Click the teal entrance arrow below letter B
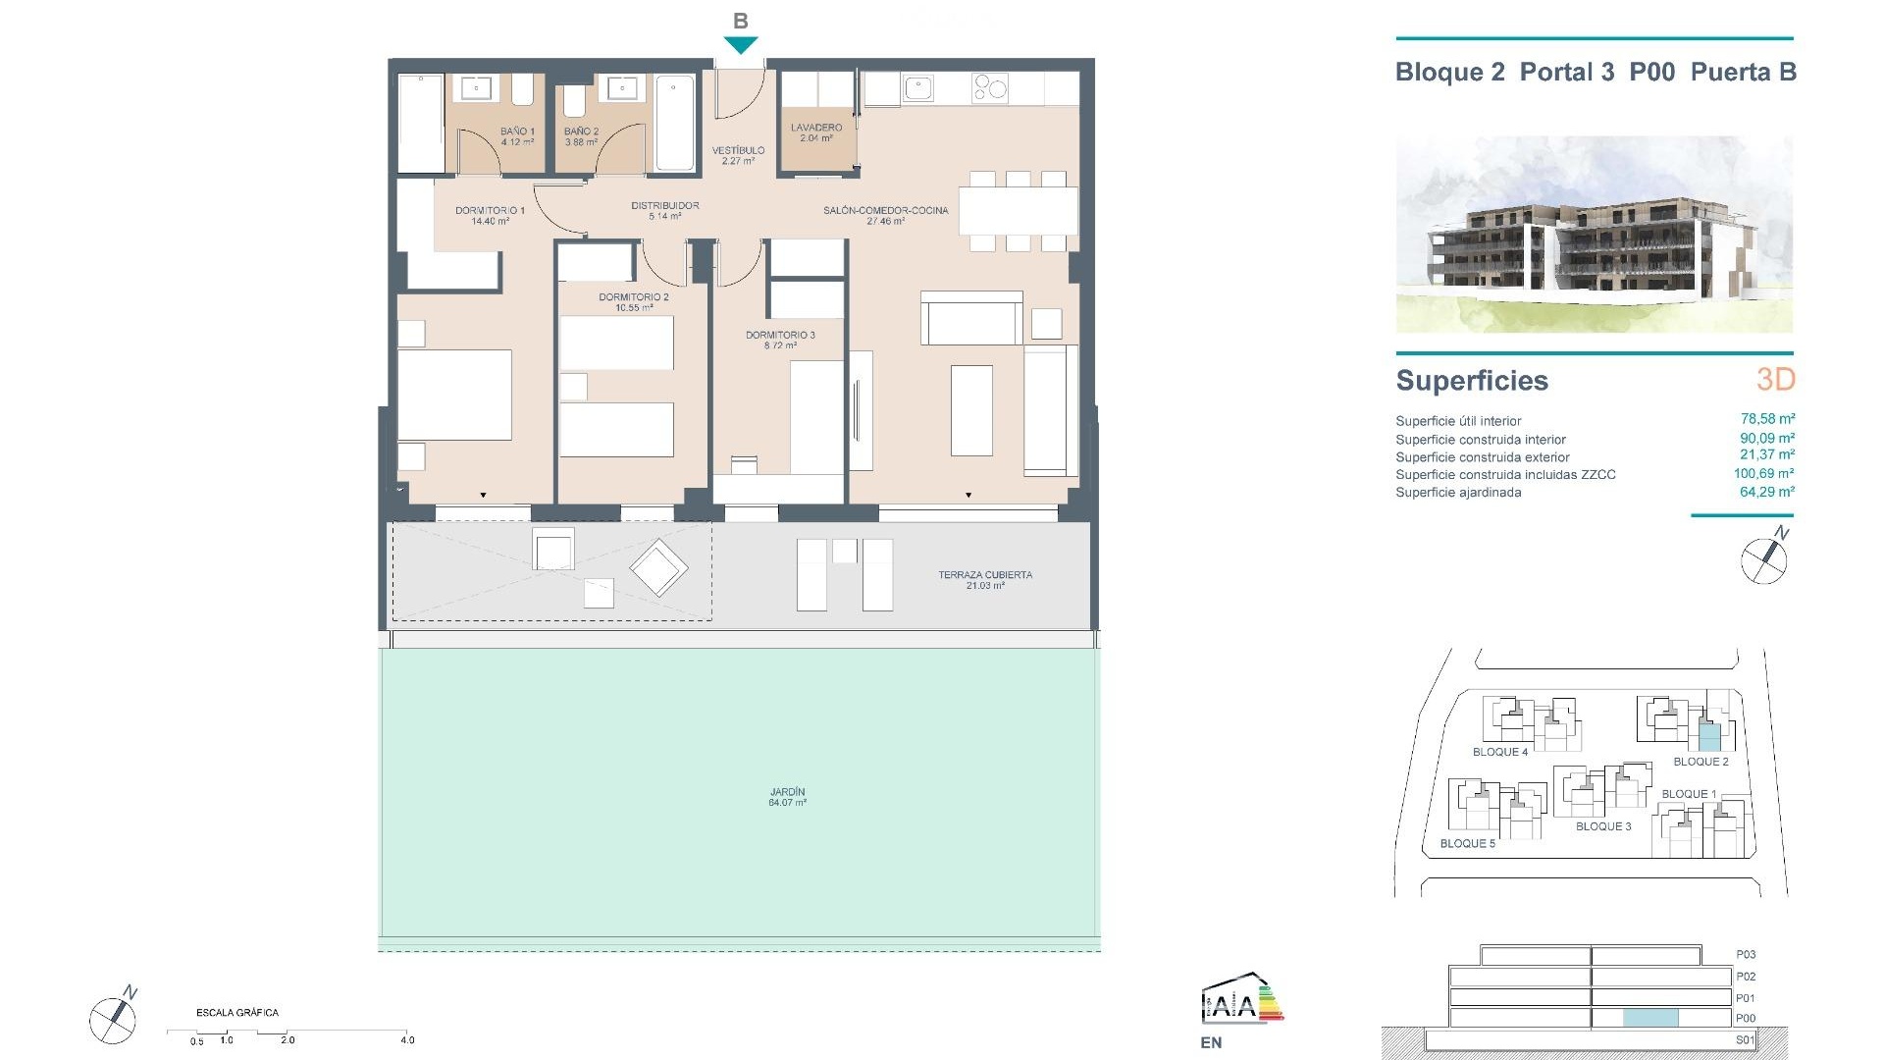pyautogui.click(x=741, y=44)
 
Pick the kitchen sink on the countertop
pyautogui.click(x=917, y=89)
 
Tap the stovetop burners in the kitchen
pyautogui.click(x=989, y=88)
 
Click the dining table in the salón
pyautogui.click(x=1018, y=209)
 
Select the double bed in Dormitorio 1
pyautogui.click(x=454, y=395)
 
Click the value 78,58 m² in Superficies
pyautogui.click(x=1767, y=419)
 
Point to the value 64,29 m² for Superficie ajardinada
pyautogui.click(x=1767, y=492)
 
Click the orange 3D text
pyautogui.click(x=1775, y=379)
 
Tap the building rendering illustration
pyautogui.click(x=1594, y=234)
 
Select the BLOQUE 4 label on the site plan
pyautogui.click(x=1499, y=752)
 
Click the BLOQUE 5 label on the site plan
pyautogui.click(x=1467, y=843)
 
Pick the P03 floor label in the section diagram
pyautogui.click(x=1745, y=954)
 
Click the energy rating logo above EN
pyautogui.click(x=1241, y=999)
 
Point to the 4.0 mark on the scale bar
pyautogui.click(x=407, y=1039)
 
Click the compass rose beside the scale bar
pyautogui.click(x=112, y=1019)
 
